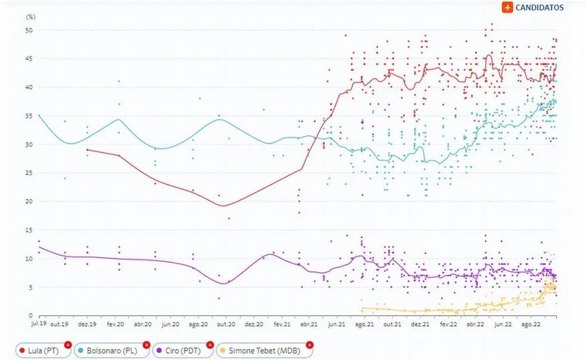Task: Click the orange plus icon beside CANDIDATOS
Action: pos(507,7)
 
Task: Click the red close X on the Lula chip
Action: pos(68,345)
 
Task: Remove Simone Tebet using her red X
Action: pos(310,345)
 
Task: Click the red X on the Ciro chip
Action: pos(209,345)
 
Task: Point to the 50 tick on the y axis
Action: pos(29,30)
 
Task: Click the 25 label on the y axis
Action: pos(29,173)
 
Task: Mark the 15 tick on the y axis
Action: pos(29,230)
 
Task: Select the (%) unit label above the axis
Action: pos(30,15)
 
